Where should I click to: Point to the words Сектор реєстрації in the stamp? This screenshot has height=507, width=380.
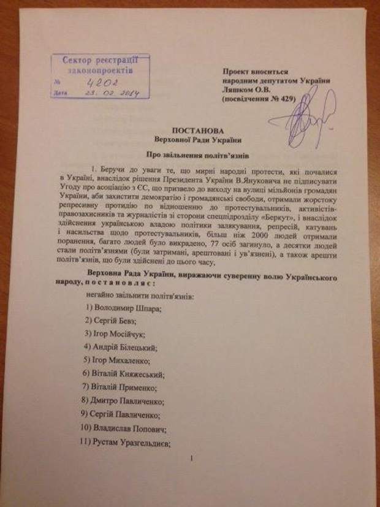(x=101, y=61)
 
